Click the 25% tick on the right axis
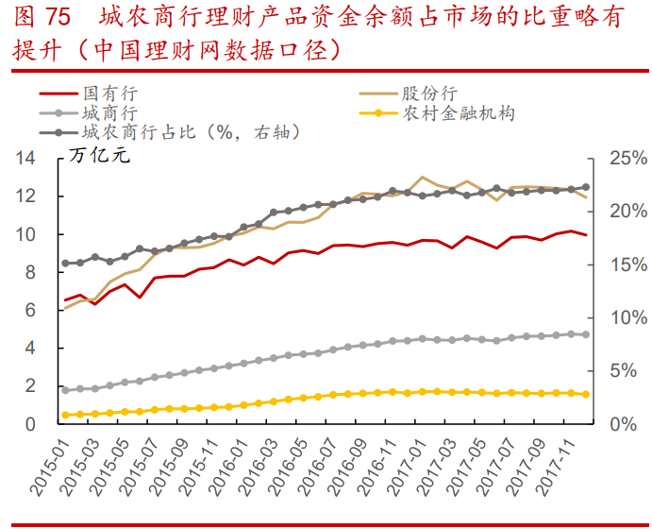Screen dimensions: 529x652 point(627,158)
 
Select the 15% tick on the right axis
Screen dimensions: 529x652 point(627,264)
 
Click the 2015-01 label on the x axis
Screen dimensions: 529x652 point(48,466)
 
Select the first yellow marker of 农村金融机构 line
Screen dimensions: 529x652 point(65,415)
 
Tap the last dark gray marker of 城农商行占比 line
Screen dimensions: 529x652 point(586,187)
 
